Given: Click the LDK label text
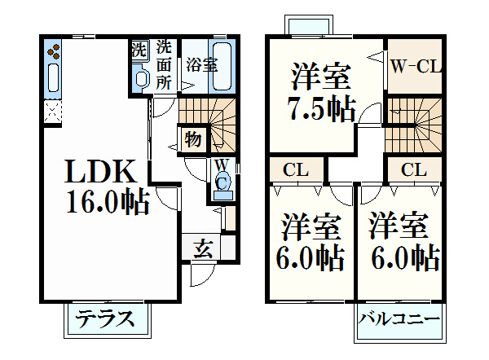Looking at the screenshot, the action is [100, 171].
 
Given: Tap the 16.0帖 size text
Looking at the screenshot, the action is [108, 201].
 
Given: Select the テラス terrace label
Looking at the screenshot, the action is [105, 318].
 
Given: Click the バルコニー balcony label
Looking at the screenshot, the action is [399, 319].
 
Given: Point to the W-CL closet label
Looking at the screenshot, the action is [416, 67].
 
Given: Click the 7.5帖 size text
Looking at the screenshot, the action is [321, 109].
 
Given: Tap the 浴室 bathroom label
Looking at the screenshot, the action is [202, 65].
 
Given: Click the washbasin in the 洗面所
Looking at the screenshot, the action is [140, 77].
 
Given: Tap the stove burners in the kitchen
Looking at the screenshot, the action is [54, 51].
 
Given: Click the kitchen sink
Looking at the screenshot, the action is [53, 77].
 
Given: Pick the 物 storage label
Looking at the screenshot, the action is [192, 139].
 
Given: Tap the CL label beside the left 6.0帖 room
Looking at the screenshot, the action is [296, 170].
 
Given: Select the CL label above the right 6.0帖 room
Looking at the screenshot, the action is [414, 170].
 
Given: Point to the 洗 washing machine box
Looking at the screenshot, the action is [139, 50].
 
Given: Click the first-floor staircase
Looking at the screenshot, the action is [207, 125].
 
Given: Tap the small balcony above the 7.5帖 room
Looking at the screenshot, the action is [309, 25].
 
